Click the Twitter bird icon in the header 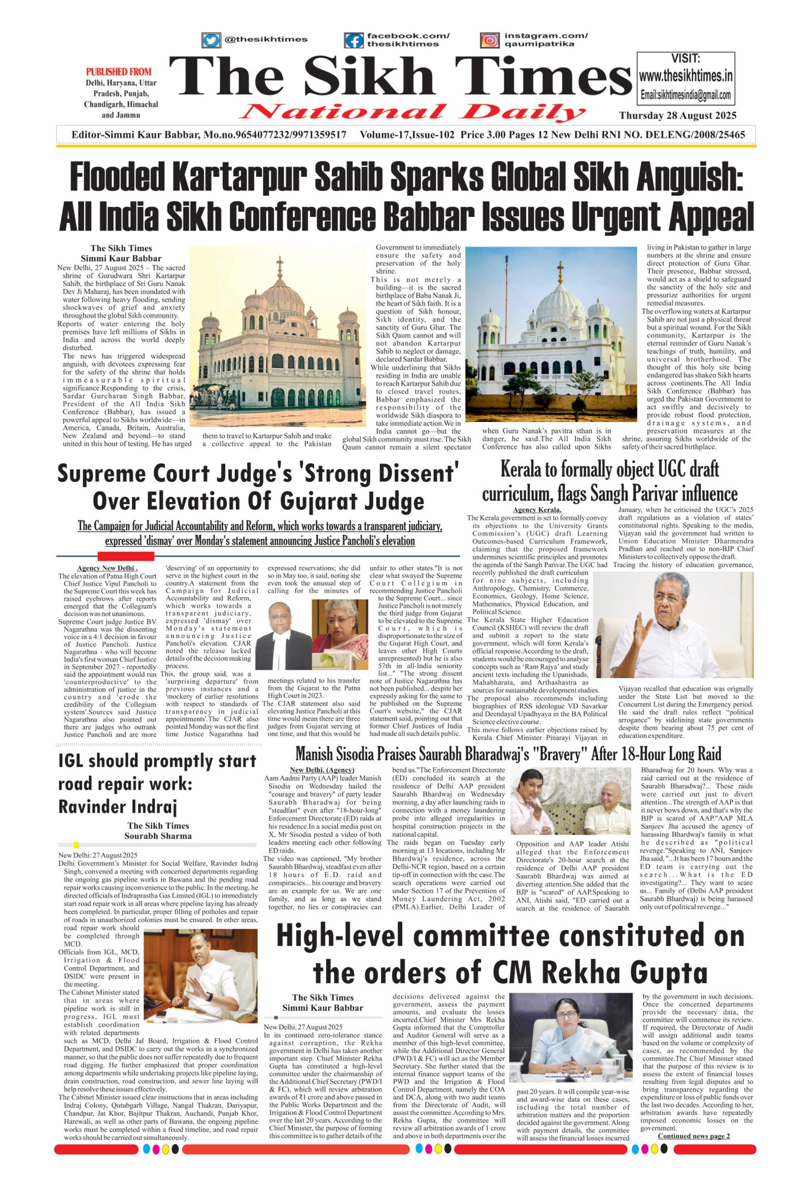coord(211,40)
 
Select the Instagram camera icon coord(489,40)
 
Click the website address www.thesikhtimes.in coord(685,76)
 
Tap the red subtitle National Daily coord(414,112)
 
